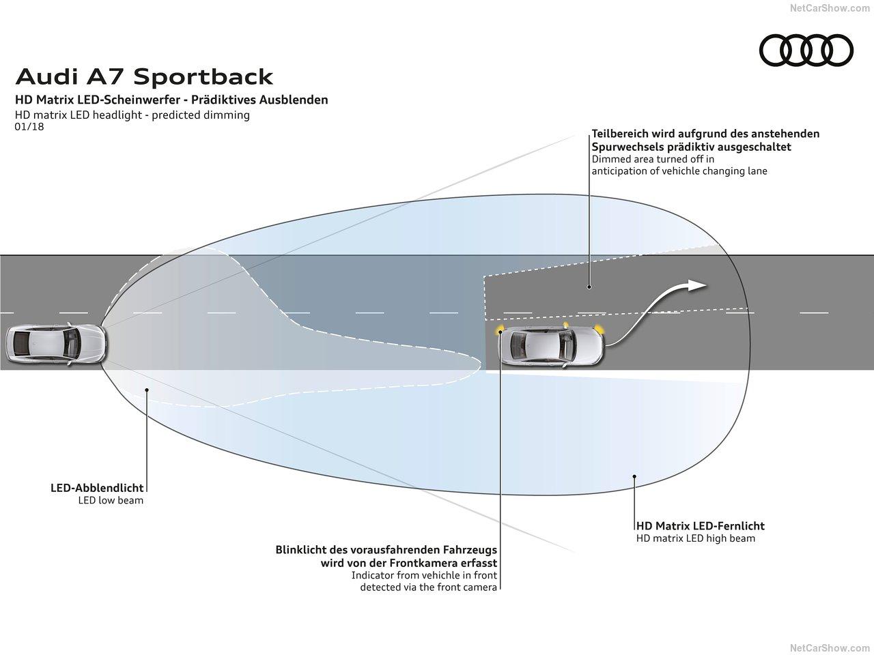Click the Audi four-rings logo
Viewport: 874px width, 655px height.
coord(806,50)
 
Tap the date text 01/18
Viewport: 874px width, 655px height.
coord(29,126)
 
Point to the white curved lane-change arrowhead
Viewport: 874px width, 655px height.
coord(696,285)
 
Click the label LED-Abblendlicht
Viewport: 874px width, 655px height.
coord(97,488)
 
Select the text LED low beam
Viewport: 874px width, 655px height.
coord(111,501)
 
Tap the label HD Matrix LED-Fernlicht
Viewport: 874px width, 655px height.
coord(700,526)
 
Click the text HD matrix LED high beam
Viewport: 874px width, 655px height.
coord(695,538)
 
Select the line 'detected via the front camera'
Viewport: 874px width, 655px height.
coord(428,587)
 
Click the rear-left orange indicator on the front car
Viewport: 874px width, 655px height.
coord(501,330)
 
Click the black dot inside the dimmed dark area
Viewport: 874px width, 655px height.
coord(589,287)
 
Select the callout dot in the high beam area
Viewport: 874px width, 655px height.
coord(635,476)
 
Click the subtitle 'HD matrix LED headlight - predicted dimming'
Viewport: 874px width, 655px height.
coord(132,115)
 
